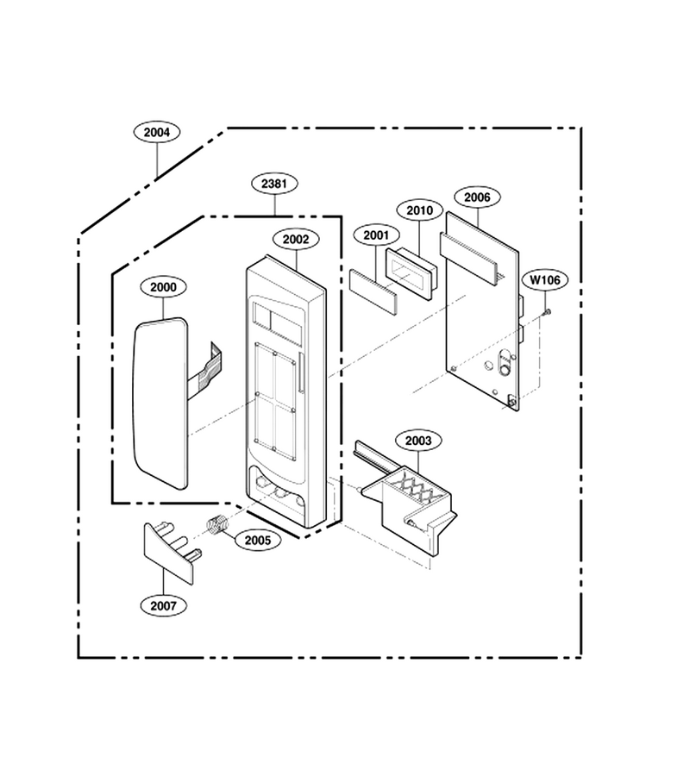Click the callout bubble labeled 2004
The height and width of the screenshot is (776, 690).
(157, 132)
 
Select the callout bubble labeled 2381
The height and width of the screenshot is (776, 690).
(274, 184)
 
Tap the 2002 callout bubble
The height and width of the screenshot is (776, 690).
(296, 239)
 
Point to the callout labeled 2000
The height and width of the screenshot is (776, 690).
(163, 287)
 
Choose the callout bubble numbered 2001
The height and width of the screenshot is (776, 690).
(376, 235)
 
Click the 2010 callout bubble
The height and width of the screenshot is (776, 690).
(420, 210)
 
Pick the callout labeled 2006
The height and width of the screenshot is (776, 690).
(477, 197)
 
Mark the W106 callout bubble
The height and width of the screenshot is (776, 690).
(545, 280)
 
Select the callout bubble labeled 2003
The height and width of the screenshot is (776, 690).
(418, 441)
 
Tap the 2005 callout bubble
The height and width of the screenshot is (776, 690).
(258, 540)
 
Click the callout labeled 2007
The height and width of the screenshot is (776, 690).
(163, 606)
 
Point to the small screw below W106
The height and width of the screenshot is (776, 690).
(547, 312)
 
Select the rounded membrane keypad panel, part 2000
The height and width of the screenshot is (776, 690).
(160, 404)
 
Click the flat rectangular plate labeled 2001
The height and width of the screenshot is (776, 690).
(373, 292)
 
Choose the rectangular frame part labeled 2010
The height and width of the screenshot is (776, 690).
(411, 273)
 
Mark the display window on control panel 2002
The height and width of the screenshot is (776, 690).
(276, 317)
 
